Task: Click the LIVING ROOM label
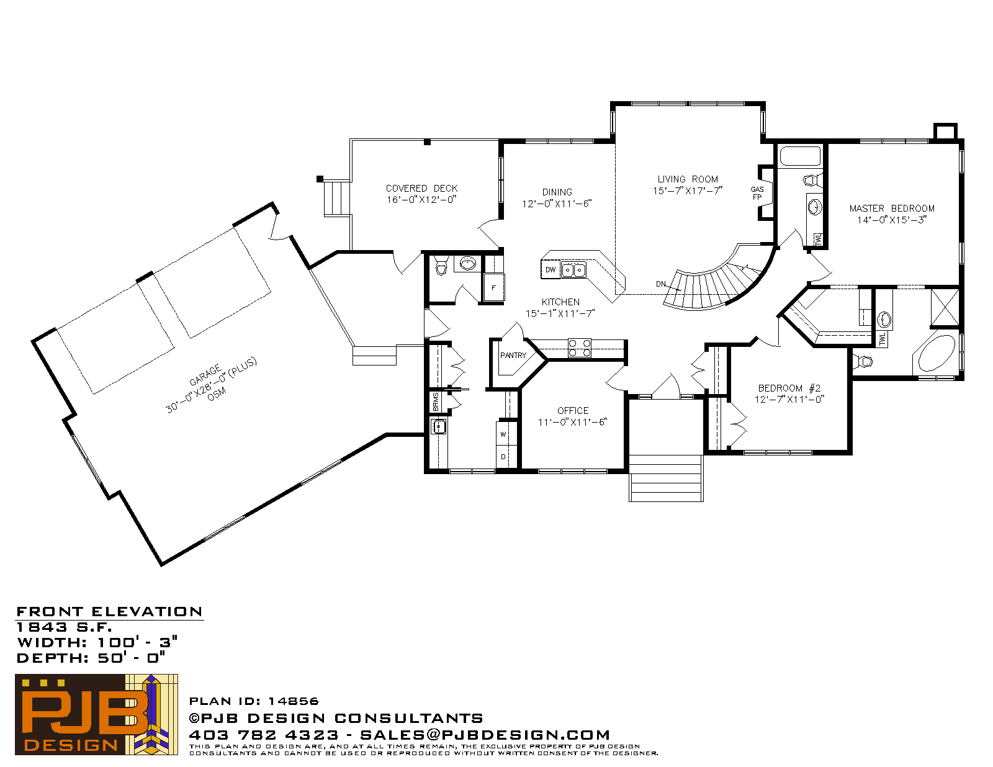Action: [x=687, y=179]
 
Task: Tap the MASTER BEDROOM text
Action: [x=892, y=209]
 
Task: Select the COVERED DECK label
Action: [x=421, y=188]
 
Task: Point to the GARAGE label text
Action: [x=205, y=375]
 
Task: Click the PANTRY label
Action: [x=513, y=355]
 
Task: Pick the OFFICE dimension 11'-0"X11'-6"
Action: [x=572, y=422]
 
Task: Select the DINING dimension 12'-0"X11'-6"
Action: [x=557, y=204]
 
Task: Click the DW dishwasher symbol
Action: [x=550, y=269]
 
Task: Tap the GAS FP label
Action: [x=757, y=193]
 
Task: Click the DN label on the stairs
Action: [x=661, y=284]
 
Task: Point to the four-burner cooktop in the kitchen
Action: [x=580, y=348]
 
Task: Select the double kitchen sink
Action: [x=573, y=270]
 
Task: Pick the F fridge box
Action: [x=493, y=287]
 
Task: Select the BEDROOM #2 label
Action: [x=789, y=388]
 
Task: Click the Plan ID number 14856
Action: [x=294, y=701]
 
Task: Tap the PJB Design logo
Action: [x=96, y=714]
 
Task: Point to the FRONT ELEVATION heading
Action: [x=110, y=612]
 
